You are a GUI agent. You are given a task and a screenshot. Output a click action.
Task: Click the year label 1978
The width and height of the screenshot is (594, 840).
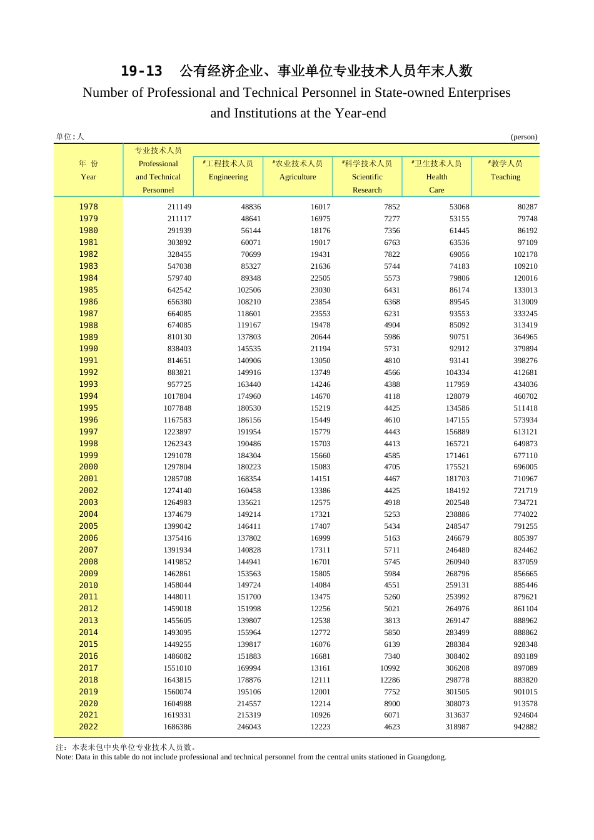coord(88,207)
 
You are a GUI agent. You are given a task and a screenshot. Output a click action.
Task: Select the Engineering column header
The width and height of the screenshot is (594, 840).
coord(228,177)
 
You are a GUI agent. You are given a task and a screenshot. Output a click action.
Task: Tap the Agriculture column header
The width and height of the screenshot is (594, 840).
coord(298,177)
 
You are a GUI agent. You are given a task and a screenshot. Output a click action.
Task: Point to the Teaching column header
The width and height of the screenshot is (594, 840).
coord(505,177)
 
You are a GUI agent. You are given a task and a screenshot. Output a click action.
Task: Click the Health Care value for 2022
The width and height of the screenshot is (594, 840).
coord(457,727)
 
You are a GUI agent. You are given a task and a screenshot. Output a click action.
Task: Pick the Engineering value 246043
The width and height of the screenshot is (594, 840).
coord(249,727)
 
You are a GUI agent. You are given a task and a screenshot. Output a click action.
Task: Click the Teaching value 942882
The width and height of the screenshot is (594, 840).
coord(525,727)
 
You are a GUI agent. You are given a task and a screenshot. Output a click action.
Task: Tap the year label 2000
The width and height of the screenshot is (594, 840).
coord(88,467)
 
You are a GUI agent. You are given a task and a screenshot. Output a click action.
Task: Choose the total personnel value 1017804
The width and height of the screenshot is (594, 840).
coord(178,396)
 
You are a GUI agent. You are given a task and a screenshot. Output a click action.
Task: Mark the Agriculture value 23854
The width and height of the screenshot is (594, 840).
coord(320,302)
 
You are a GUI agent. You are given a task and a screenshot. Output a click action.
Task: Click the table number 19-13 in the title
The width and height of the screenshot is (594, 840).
coord(141,71)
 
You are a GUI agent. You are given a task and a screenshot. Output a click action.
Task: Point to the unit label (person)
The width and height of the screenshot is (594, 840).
coord(524,137)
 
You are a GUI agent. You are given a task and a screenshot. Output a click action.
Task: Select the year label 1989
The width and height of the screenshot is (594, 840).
coord(88,337)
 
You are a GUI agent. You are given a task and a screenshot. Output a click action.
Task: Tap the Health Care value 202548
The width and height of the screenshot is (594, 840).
coord(457,502)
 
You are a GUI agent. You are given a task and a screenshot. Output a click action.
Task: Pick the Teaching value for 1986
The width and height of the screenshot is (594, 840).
coord(525,302)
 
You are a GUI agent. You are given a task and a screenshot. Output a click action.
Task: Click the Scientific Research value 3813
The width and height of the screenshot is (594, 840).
coord(392,621)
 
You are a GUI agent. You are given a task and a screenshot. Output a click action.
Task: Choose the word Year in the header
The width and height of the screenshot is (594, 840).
coord(88,177)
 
